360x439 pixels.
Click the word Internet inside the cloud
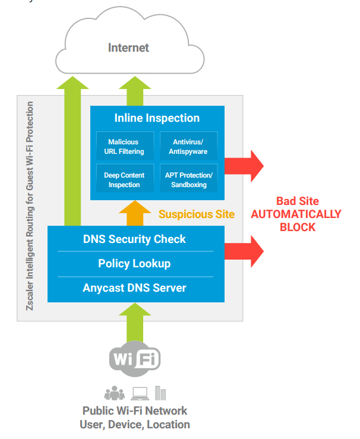(128, 47)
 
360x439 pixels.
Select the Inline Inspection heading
(157, 118)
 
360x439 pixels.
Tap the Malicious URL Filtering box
(123, 147)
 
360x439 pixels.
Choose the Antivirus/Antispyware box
(188, 147)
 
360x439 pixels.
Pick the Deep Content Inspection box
(123, 180)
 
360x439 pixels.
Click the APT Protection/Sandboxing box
(188, 180)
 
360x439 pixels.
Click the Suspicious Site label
(196, 214)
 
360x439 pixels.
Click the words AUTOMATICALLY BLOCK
(295, 220)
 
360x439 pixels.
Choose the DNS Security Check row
(134, 239)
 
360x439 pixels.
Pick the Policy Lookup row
(134, 263)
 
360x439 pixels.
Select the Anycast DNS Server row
(134, 288)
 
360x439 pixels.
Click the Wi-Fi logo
(135, 359)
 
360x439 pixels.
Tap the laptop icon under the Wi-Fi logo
(140, 393)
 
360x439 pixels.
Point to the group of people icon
(115, 393)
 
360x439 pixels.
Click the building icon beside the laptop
(160, 393)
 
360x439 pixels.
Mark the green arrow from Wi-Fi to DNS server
(135, 321)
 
